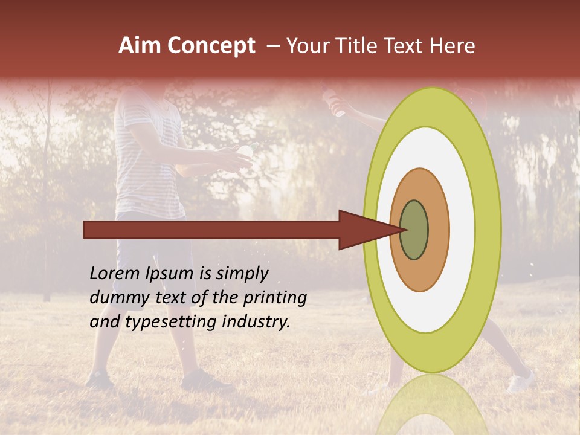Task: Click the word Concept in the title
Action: coord(211,46)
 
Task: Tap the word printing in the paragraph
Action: coord(275,298)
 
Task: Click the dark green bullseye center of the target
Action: coord(414,230)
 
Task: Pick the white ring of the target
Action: coord(462,230)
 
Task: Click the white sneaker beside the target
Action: coord(521,381)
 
